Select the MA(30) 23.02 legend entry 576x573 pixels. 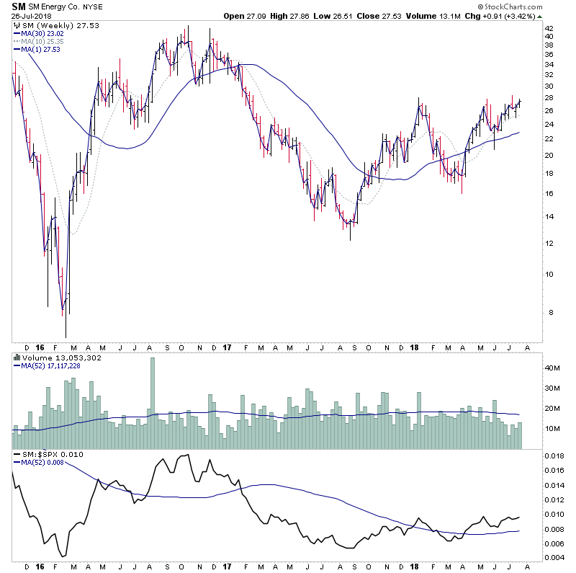[37, 32]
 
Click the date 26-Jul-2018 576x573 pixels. [32, 16]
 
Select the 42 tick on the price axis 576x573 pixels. [548, 30]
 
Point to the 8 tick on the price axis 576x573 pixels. [546, 312]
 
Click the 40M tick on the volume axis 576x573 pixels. [552, 368]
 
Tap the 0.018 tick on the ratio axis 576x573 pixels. [553, 456]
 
